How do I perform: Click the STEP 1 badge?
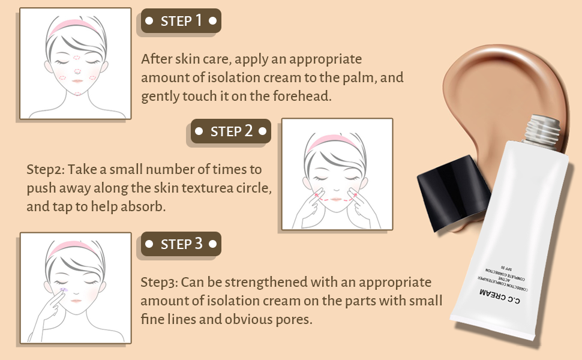[182, 21]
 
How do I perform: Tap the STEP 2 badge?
[231, 131]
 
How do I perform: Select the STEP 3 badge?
[181, 244]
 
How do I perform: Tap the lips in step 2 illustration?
[337, 199]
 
